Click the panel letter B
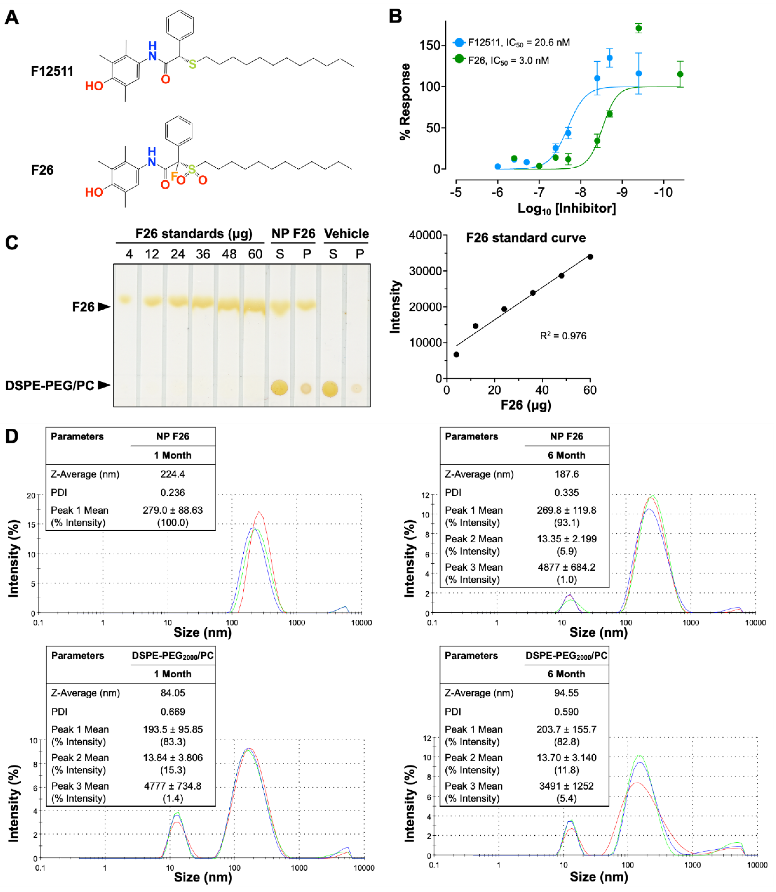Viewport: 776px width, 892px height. point(395,17)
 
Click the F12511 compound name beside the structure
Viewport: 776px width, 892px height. point(52,71)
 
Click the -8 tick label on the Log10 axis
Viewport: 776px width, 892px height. point(580,192)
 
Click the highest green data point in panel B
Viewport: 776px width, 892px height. point(638,29)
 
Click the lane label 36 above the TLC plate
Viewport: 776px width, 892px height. point(203,254)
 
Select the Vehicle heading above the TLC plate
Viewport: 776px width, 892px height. point(346,234)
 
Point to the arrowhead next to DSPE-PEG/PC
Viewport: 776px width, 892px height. point(104,385)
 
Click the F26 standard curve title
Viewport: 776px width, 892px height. point(526,238)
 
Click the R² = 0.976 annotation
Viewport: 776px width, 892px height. point(563,336)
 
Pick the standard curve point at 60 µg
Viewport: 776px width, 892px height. point(590,257)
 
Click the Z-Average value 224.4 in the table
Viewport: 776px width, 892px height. point(172,474)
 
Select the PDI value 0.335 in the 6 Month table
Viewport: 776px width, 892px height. point(566,493)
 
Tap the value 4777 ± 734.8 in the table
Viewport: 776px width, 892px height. point(172,786)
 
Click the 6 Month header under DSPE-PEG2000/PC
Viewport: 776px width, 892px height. point(566,674)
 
